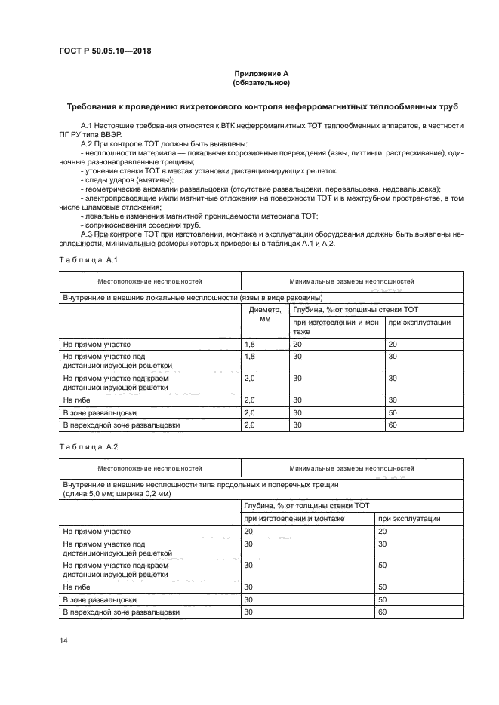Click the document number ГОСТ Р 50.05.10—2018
[x=110, y=51]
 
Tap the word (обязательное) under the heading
[x=261, y=83]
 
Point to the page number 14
[x=64, y=640]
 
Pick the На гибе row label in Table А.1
[x=78, y=400]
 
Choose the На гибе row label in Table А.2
[x=78, y=586]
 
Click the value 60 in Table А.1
[x=392, y=425]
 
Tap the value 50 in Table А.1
[x=392, y=413]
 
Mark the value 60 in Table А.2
[x=382, y=612]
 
